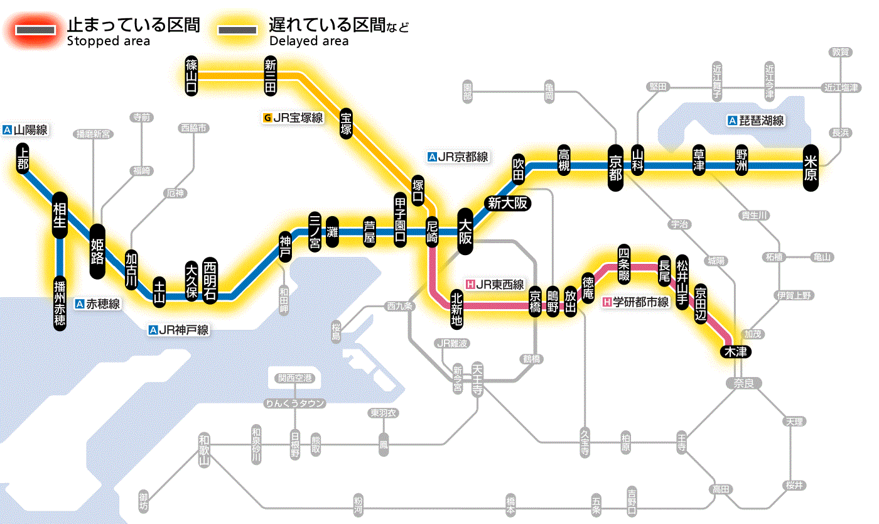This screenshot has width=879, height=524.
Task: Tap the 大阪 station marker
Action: click(x=465, y=232)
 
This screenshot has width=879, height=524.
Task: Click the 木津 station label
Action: click(x=736, y=351)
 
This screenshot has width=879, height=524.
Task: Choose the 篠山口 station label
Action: click(x=191, y=75)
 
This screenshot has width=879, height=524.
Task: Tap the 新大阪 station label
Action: click(x=508, y=203)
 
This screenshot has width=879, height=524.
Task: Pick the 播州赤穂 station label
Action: click(x=60, y=302)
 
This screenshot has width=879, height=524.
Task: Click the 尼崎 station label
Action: click(x=432, y=232)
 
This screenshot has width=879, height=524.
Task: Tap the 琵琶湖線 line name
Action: click(x=756, y=121)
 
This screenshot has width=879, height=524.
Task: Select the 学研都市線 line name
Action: click(x=636, y=302)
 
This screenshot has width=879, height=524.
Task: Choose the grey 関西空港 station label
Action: click(x=295, y=378)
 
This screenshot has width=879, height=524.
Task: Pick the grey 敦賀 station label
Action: click(x=841, y=52)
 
